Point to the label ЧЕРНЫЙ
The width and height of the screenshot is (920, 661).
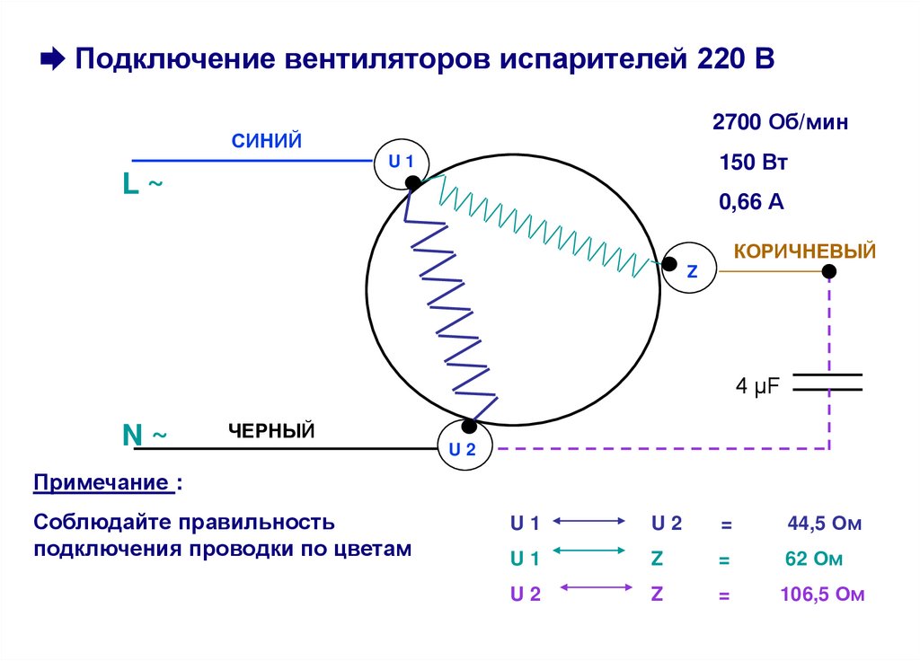coord(270,431)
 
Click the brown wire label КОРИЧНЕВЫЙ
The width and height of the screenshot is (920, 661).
coord(805,251)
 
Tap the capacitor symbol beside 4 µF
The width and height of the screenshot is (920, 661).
coord(828,382)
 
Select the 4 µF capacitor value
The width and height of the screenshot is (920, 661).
coord(757,386)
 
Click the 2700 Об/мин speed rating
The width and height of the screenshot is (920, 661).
coord(780,123)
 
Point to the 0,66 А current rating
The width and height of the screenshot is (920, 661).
coord(751,202)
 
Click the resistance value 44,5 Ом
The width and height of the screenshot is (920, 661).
coord(824,524)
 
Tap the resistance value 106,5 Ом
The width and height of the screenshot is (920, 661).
coord(822,594)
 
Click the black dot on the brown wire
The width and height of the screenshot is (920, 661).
coord(829,270)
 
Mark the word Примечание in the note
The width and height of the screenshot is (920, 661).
coord(103,483)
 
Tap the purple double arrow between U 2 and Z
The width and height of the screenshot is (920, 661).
coord(593,588)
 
